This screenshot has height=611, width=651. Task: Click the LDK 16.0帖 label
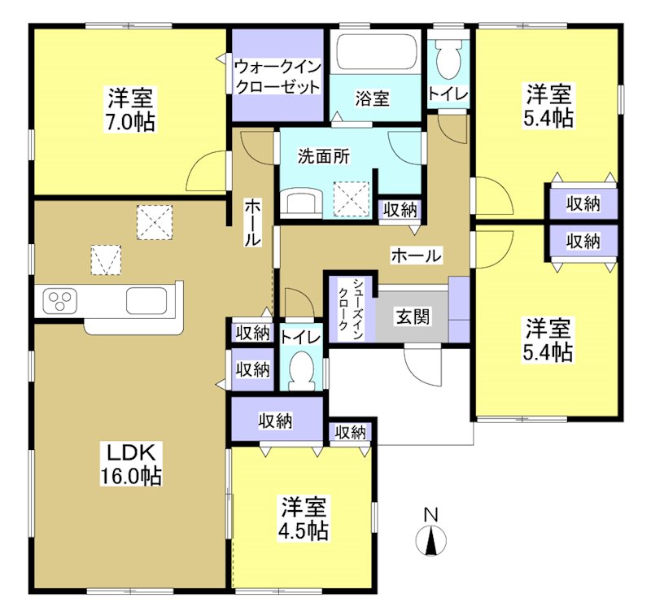pyautogui.click(x=132, y=465)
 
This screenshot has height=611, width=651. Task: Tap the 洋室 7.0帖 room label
pyautogui.click(x=131, y=110)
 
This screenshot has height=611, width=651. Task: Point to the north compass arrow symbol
pyautogui.click(x=430, y=541)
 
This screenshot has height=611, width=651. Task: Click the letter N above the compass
pyautogui.click(x=430, y=514)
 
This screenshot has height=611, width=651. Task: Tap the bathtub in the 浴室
pyautogui.click(x=376, y=53)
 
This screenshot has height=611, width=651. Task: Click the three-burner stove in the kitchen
pyautogui.click(x=58, y=302)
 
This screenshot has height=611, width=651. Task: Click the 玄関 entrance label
pyautogui.click(x=413, y=316)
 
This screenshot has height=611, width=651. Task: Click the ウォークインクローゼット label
pyautogui.click(x=277, y=76)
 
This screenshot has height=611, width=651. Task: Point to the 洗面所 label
pyautogui.click(x=324, y=156)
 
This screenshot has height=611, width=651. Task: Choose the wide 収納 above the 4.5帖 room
pyautogui.click(x=276, y=421)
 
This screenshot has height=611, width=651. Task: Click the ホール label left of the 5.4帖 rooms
pyautogui.click(x=417, y=255)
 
